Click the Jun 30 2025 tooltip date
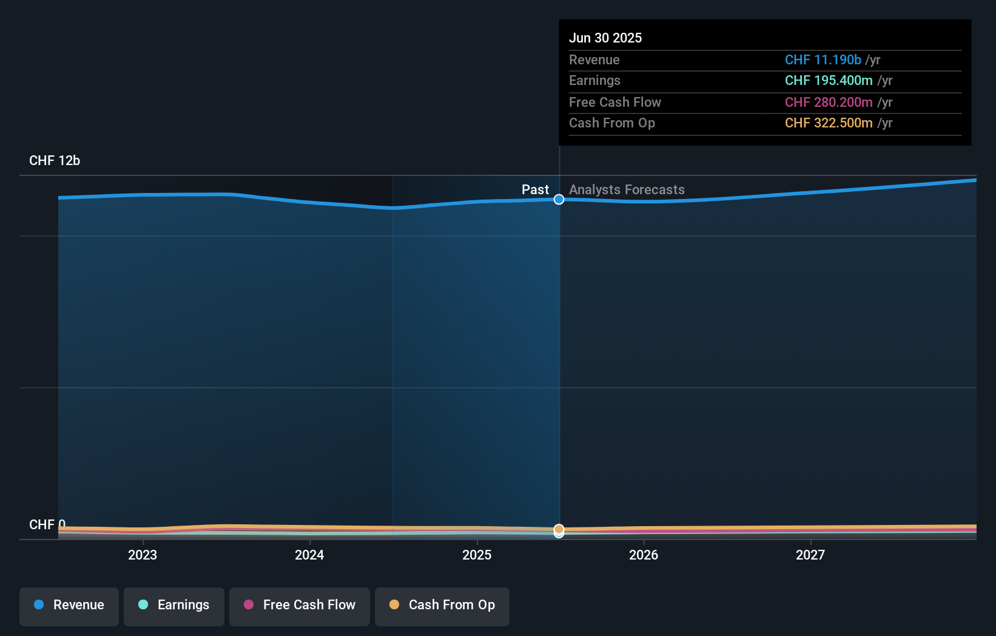pyautogui.click(x=605, y=38)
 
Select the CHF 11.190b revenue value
pyautogui.click(x=823, y=59)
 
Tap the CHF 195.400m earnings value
pyautogui.click(x=828, y=80)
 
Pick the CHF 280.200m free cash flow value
pyautogui.click(x=828, y=102)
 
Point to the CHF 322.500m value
pyautogui.click(x=828, y=123)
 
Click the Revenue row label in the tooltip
pyautogui.click(x=594, y=59)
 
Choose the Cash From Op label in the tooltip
pyautogui.click(x=611, y=123)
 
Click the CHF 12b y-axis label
pyautogui.click(x=55, y=160)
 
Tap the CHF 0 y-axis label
pyautogui.click(x=47, y=524)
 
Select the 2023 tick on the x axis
pyautogui.click(x=143, y=555)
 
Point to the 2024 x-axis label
pyautogui.click(x=309, y=555)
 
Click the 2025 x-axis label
pyautogui.click(x=477, y=555)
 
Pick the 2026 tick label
pyautogui.click(x=644, y=555)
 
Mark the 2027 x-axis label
pyautogui.click(x=810, y=555)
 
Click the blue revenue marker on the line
pyautogui.click(x=559, y=200)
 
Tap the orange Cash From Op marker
pyautogui.click(x=559, y=529)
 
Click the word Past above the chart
pyautogui.click(x=535, y=189)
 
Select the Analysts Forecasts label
pyautogui.click(x=627, y=189)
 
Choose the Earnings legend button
pyautogui.click(x=174, y=605)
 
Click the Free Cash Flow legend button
pyautogui.click(x=300, y=605)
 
